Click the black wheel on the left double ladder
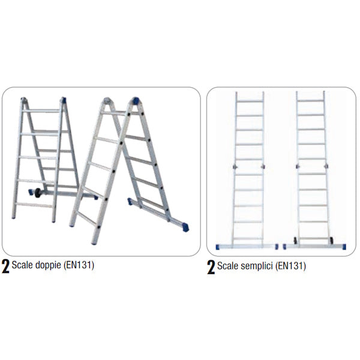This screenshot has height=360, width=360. [x=38, y=193]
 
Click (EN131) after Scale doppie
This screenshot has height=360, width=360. [x=79, y=265]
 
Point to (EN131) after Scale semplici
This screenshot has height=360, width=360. [x=290, y=266]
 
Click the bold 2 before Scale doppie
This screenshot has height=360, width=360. [x=5, y=266]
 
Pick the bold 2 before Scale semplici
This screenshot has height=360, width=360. [x=211, y=267]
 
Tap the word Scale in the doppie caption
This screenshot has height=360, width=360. [x=22, y=265]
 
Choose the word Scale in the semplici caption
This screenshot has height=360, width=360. [x=227, y=266]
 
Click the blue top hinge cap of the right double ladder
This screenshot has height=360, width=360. [x=136, y=101]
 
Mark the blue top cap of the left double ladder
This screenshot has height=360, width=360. [x=64, y=100]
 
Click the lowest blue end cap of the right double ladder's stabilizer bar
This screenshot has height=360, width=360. [x=185, y=227]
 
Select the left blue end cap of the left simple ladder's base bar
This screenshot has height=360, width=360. [x=218, y=247]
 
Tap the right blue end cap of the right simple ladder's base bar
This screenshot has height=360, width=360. [x=344, y=247]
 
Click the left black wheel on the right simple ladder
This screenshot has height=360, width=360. [x=295, y=240]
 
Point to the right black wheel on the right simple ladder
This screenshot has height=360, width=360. [x=332, y=240]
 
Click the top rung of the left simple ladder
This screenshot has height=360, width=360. [x=250, y=101]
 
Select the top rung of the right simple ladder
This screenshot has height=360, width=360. [x=311, y=101]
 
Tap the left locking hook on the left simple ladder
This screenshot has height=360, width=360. [x=235, y=167]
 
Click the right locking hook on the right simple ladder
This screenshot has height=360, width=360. [x=326, y=166]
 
